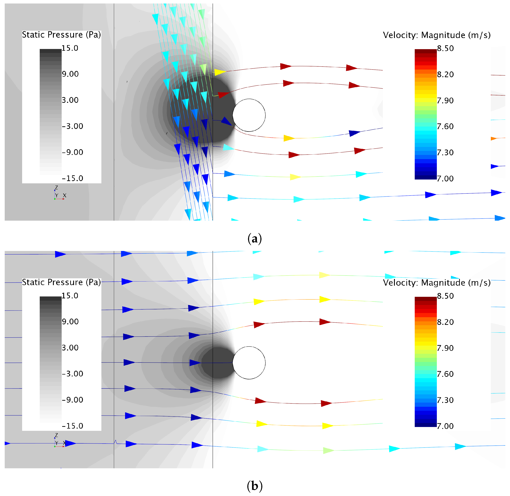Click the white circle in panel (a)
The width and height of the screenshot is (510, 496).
[249, 115]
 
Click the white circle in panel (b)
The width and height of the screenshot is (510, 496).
[249, 363]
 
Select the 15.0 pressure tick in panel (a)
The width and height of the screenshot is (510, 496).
[70, 48]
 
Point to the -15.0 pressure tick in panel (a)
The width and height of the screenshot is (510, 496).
[72, 178]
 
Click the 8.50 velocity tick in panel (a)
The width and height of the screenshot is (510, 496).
[445, 48]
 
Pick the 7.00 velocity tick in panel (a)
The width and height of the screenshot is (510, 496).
[445, 179]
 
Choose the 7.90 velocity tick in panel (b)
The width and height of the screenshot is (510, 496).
[445, 348]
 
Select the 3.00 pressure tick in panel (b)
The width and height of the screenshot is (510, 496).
[70, 348]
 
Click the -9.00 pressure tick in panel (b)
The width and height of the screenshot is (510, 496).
[72, 400]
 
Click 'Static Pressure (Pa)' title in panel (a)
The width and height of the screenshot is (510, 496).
[61, 35]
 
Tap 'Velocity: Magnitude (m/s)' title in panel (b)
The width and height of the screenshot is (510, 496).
[437, 283]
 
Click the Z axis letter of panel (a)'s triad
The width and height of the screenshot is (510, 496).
[56, 188]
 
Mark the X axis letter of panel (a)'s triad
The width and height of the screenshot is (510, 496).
[65, 195]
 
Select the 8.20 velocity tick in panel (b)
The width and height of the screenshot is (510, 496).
[445, 322]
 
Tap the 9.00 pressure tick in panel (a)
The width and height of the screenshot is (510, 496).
[70, 74]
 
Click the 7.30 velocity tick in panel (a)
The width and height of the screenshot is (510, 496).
[445, 153]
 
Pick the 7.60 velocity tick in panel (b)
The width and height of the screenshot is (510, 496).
[445, 374]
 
